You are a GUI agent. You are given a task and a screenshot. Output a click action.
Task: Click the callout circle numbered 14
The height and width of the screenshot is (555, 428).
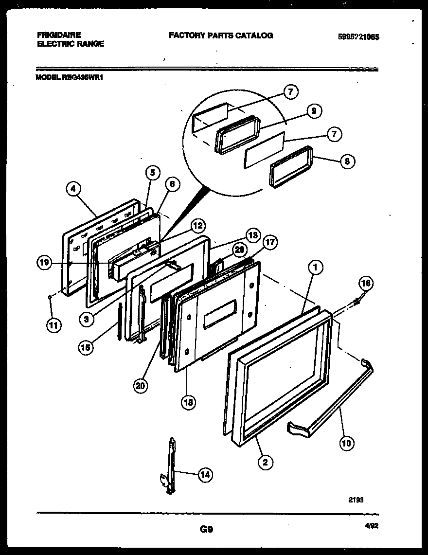click(x=205, y=475)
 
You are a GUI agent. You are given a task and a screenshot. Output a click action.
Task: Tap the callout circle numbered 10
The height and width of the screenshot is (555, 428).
click(x=347, y=443)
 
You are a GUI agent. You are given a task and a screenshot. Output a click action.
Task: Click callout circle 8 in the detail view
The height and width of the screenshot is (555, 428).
click(x=347, y=161)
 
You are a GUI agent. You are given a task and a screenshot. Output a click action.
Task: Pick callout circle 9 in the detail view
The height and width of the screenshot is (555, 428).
click(x=314, y=111)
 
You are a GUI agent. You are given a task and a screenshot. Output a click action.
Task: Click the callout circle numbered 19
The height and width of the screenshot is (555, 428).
click(x=45, y=263)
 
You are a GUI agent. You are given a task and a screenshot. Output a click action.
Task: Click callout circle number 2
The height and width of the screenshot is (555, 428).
click(x=265, y=462)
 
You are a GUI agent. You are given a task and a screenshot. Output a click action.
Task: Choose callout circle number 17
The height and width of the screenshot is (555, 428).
click(x=270, y=242)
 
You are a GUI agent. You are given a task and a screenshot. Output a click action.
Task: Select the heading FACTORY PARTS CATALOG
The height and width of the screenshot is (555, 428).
click(x=220, y=35)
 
